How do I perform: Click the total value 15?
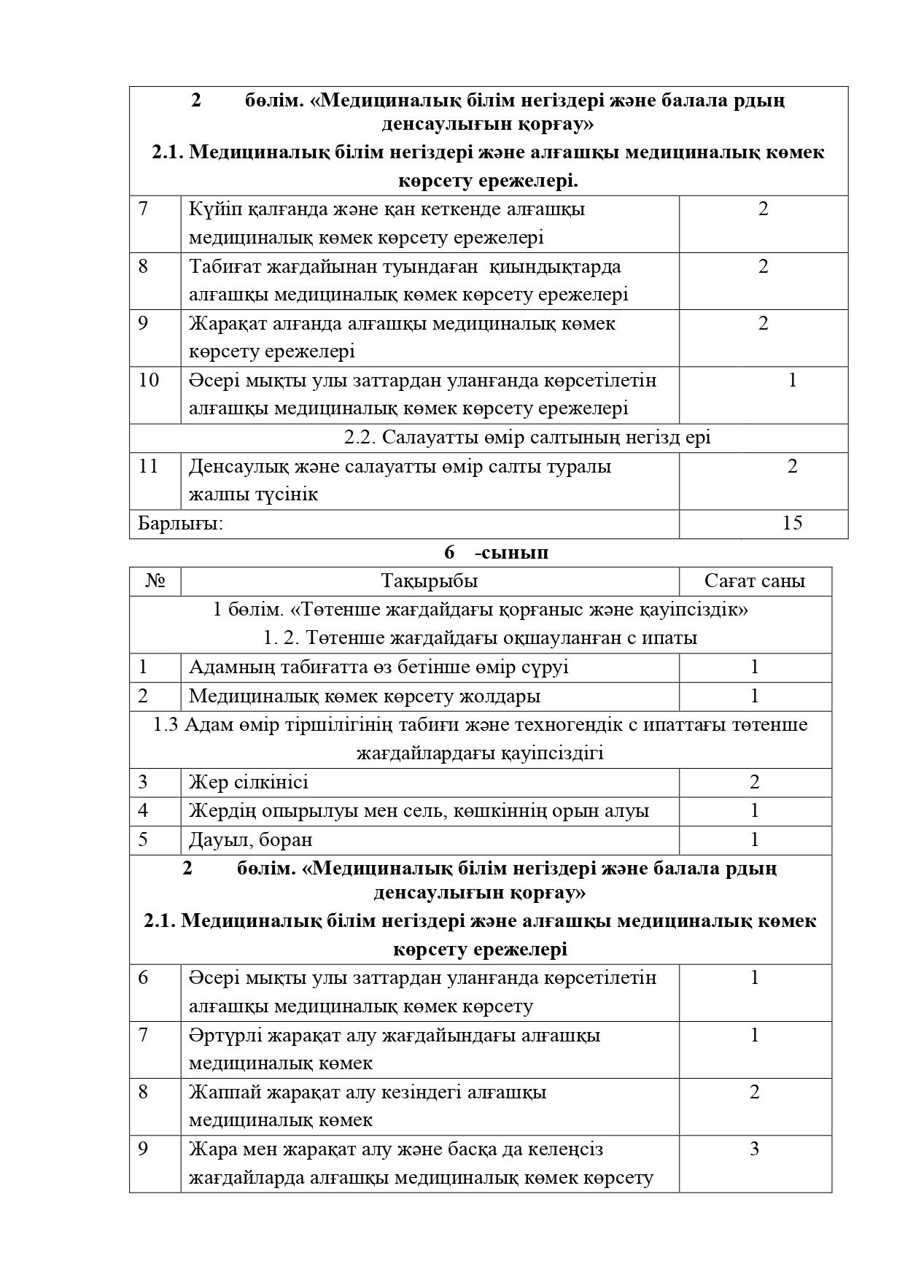792,523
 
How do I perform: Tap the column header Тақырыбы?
430,581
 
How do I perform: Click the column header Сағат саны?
755,581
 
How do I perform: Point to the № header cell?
155,581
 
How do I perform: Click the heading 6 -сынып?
496,553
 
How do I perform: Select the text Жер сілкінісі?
248,783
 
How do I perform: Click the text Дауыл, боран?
250,839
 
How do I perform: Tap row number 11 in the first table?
148,466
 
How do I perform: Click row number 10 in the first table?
148,380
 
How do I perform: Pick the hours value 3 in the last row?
754,1149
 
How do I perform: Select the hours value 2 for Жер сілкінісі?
754,783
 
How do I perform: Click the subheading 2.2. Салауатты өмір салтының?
527,438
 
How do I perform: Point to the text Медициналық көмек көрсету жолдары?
365,696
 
